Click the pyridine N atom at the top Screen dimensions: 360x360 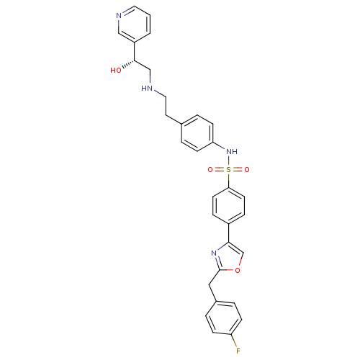click(x=118, y=14)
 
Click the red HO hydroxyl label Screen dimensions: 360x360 click(x=115, y=71)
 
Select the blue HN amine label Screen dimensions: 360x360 click(x=148, y=89)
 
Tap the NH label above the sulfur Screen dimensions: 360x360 click(x=231, y=152)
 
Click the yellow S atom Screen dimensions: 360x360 click(x=228, y=170)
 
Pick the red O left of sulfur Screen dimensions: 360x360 click(x=210, y=170)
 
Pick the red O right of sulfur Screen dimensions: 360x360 click(x=246, y=170)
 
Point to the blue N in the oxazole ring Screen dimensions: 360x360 click(x=215, y=253)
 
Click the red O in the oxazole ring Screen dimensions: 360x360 click(x=238, y=270)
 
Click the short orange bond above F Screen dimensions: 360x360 click(x=235, y=341)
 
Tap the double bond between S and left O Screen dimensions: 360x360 click(x=219, y=170)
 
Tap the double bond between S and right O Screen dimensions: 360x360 click(x=238, y=170)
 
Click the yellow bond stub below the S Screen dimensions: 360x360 click(x=228, y=178)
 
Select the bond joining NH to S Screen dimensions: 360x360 click(x=229, y=161)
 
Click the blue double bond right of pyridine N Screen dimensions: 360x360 click(x=125, y=12)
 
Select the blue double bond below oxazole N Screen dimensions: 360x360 click(x=217, y=260)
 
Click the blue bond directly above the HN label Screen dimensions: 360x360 click(x=150, y=79)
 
